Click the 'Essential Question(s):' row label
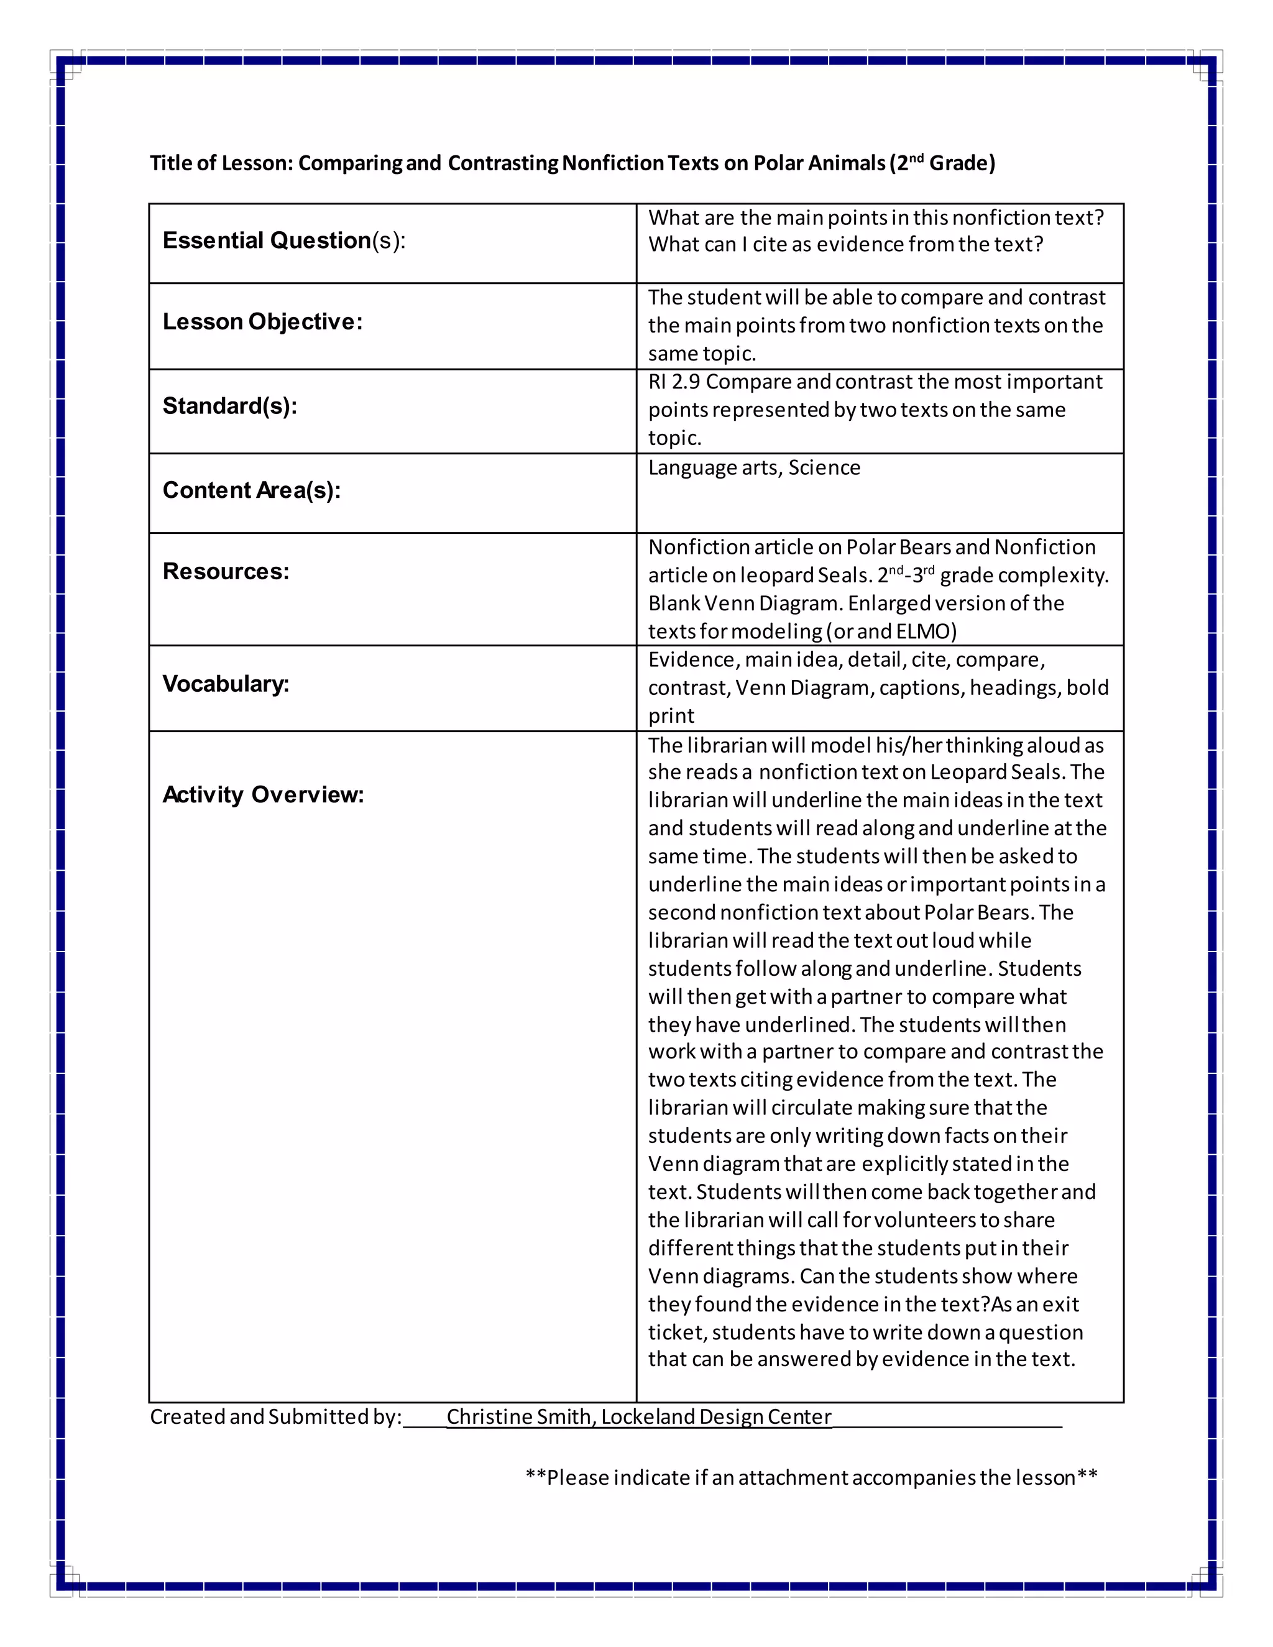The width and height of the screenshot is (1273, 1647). [283, 241]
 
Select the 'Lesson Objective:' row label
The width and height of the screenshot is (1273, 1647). [262, 322]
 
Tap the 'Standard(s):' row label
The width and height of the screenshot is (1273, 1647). [230, 406]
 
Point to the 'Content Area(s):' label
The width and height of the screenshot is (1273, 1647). [252, 491]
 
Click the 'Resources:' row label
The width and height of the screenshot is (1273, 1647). [226, 572]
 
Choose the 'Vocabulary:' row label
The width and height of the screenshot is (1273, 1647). [226, 684]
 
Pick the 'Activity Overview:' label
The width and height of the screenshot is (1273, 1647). [263, 795]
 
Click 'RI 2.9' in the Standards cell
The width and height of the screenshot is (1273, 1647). [673, 382]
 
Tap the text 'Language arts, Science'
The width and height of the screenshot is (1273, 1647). [753, 469]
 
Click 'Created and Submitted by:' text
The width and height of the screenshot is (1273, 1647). [275, 1417]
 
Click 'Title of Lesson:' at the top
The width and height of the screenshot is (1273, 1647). [221, 163]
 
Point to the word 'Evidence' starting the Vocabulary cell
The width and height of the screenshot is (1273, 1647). [692, 660]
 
